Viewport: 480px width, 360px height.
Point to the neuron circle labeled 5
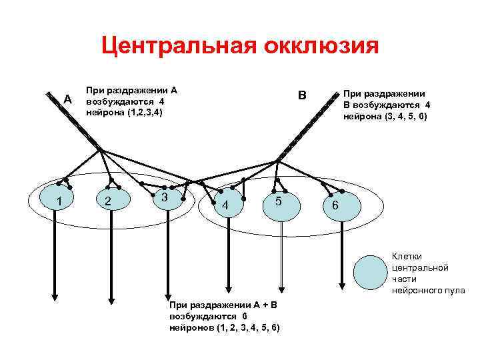[279, 200]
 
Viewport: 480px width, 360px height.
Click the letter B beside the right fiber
[301, 95]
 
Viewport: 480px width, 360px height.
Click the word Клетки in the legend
[406, 256]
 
